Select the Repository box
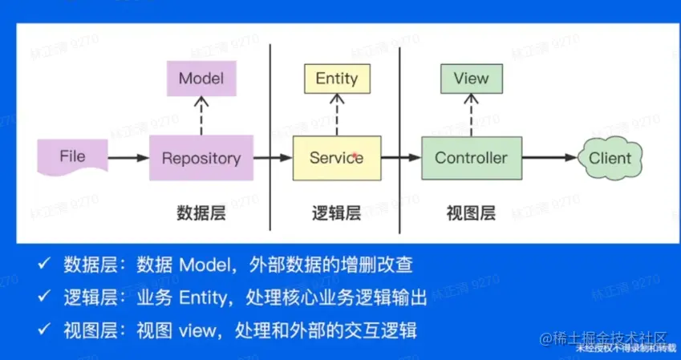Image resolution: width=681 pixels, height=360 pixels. [201, 158]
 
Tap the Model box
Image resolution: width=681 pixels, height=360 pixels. [201, 79]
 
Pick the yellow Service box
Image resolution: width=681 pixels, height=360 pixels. [336, 158]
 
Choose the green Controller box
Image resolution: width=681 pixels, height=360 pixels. [471, 158]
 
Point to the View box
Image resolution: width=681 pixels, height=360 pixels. [471, 79]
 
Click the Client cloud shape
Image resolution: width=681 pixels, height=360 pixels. [610, 158]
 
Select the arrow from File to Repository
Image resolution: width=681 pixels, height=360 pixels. [128, 158]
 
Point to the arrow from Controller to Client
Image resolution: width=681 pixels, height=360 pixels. [549, 158]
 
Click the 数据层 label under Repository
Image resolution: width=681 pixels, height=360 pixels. [201, 213]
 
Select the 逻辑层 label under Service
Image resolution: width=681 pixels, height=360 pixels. [336, 213]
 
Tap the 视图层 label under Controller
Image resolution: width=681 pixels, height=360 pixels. [471, 213]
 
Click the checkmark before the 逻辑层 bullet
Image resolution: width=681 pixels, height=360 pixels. [45, 297]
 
